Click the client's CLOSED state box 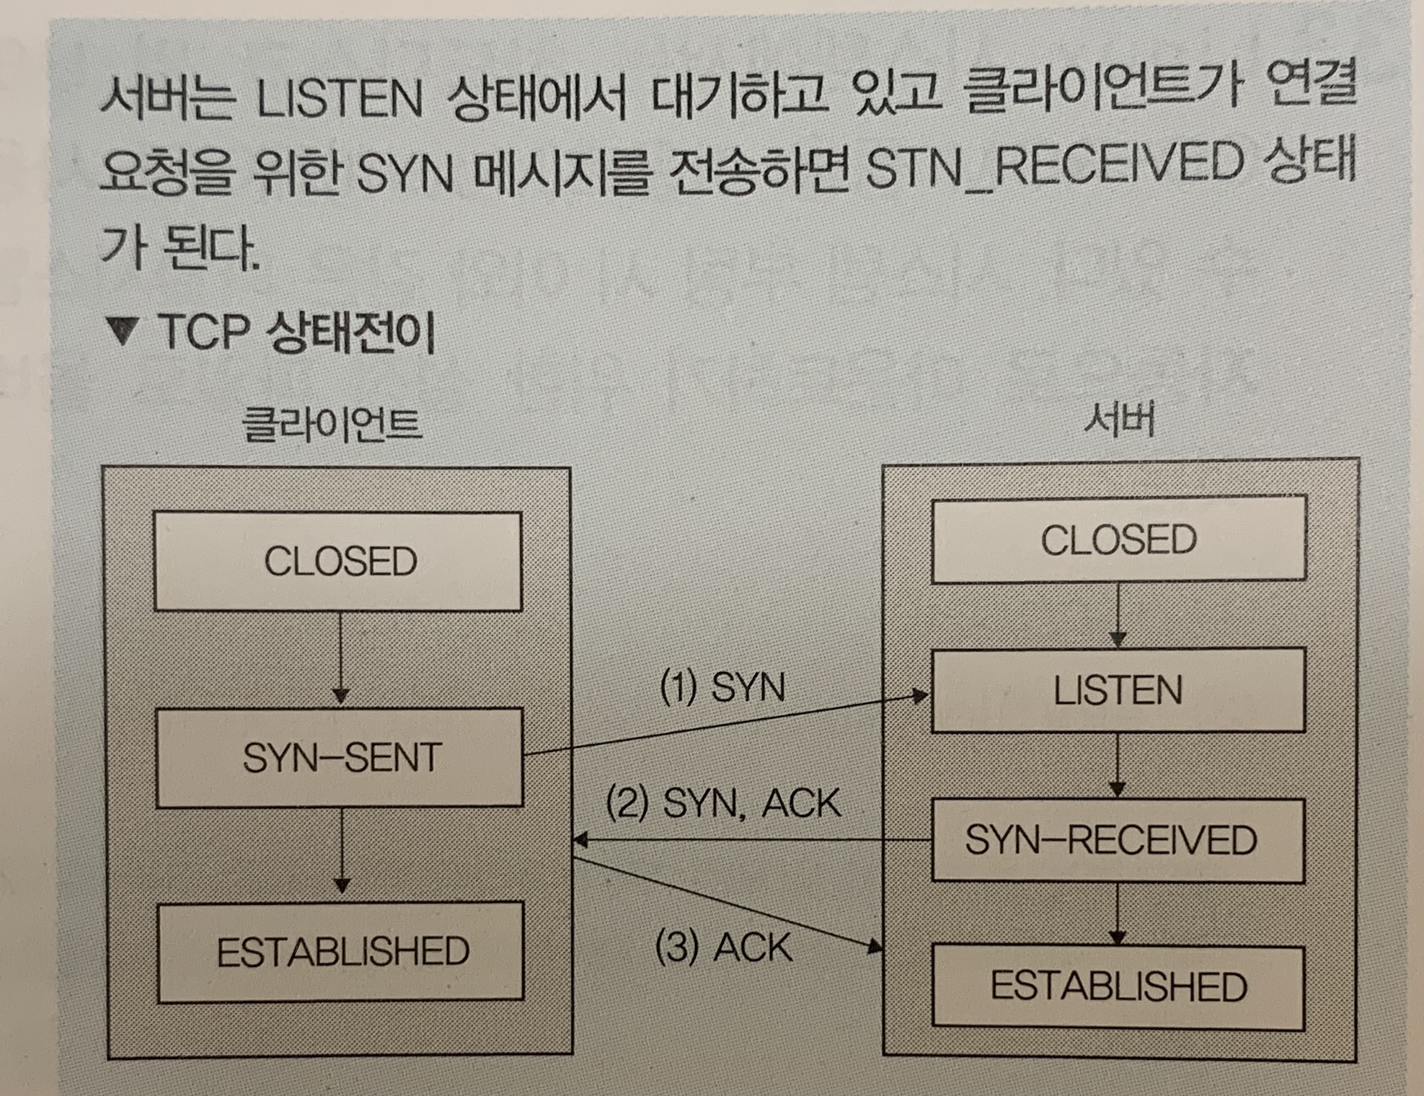(338, 562)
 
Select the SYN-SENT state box (340, 758)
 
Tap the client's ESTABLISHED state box (341, 952)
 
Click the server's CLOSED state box (1118, 539)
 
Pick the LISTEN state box (1118, 691)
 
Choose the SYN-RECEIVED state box (1118, 840)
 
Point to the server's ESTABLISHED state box (1118, 986)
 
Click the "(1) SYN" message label (722, 686)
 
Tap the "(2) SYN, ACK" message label (723, 803)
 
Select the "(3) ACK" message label (723, 947)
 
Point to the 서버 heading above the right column (1119, 420)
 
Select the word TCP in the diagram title (203, 332)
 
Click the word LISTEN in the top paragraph (340, 100)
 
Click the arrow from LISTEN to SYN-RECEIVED (1117, 765)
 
